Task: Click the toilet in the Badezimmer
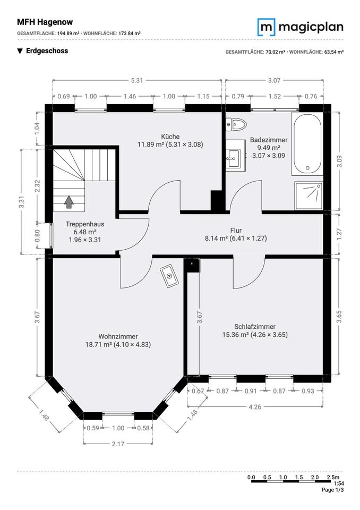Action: (236, 124)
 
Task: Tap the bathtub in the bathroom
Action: (307, 143)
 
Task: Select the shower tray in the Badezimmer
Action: (308, 196)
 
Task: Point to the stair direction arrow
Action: (69, 202)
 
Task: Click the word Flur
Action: (236, 230)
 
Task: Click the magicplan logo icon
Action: (267, 27)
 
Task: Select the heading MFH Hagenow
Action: (45, 22)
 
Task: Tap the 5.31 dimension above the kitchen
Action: (137, 80)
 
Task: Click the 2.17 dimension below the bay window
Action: (118, 444)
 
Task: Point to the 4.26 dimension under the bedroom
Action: (255, 406)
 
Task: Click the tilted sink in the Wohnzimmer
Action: (169, 276)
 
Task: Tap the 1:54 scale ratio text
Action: (338, 483)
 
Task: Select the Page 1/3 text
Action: (333, 489)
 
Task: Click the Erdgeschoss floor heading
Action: (47, 51)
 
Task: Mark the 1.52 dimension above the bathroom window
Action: (275, 96)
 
